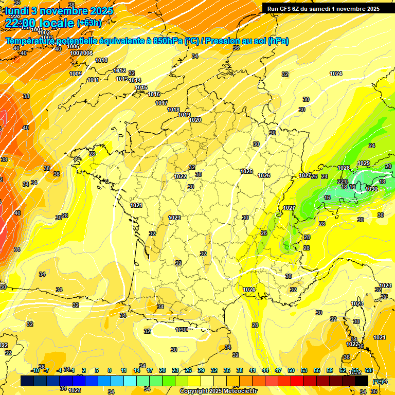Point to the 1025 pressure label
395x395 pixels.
tap(246, 171)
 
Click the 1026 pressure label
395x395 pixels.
tap(264, 175)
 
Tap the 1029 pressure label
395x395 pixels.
tap(364, 163)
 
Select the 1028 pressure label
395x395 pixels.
tap(344, 168)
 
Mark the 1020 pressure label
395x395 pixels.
tap(195, 120)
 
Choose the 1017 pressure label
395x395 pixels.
tap(161, 103)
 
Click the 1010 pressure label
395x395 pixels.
tap(101, 60)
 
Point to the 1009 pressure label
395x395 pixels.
tap(76, 74)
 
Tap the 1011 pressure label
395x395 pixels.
tap(93, 80)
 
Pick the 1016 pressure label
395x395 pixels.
tap(154, 94)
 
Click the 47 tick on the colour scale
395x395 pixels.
tap(278, 370)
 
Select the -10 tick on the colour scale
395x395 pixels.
tap(35, 370)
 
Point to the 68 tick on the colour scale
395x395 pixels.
tap(368, 370)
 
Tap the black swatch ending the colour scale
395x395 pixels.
tap(362, 381)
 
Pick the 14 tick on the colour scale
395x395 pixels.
tap(137, 370)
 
